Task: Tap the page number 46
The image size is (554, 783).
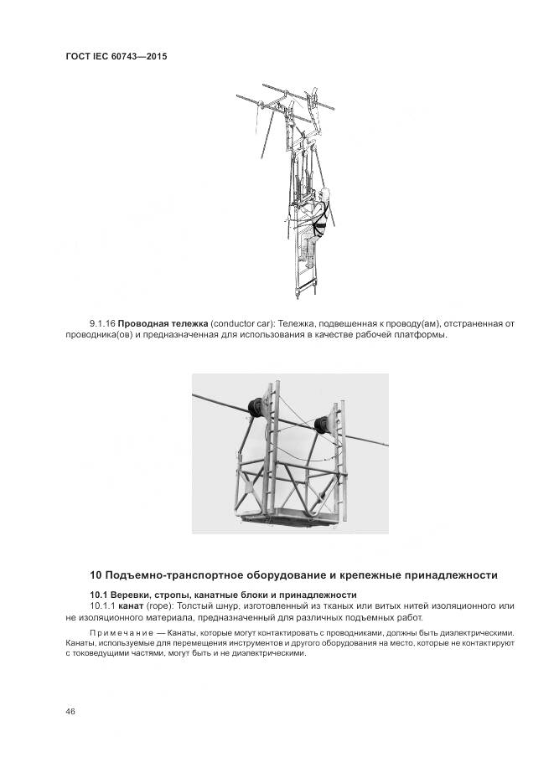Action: [x=70, y=712]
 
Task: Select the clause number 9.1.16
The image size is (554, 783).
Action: [x=102, y=323]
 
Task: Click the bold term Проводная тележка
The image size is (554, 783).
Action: [x=163, y=323]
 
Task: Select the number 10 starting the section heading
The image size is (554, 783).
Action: [x=95, y=575]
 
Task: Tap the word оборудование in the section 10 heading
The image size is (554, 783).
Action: [x=292, y=575]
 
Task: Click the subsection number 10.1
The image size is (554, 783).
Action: [x=99, y=595]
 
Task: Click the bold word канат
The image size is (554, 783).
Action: [x=132, y=605]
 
